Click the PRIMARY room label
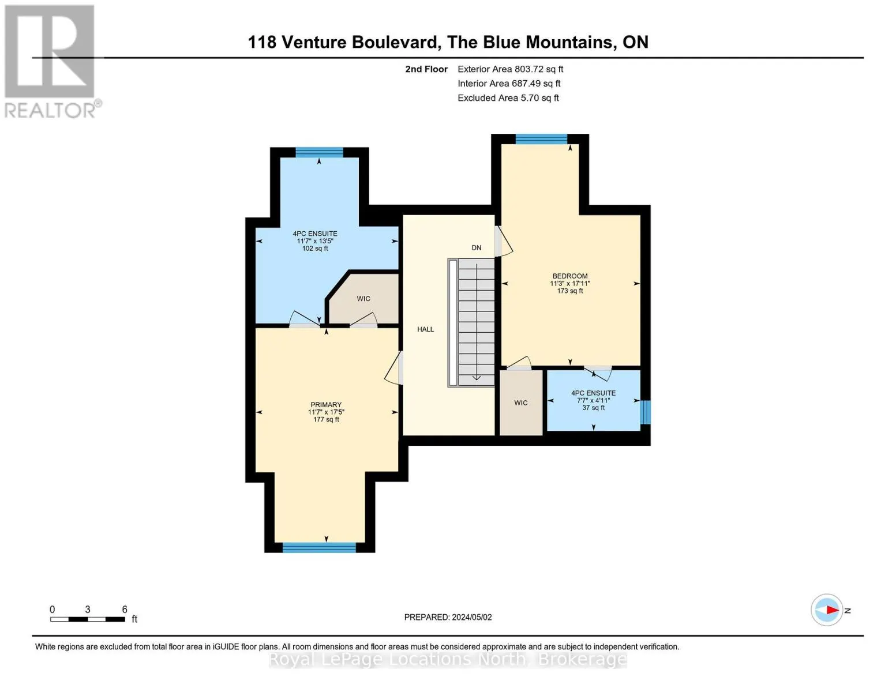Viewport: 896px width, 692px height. pos(326,405)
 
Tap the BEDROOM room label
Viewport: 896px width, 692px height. pos(570,276)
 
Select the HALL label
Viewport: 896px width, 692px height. pos(425,329)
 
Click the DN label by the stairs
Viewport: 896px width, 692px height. pos(476,248)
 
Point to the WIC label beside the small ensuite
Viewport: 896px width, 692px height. pos(521,403)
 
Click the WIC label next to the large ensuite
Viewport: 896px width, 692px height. pos(363,298)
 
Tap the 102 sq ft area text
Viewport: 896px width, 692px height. pos(315,248)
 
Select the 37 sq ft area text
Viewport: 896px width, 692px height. pos(593,408)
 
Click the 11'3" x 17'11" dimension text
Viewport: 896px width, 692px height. pos(570,284)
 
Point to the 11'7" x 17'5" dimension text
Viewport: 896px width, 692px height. pos(326,412)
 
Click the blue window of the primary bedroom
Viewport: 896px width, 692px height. pos(318,547)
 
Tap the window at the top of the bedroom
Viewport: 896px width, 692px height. pos(541,139)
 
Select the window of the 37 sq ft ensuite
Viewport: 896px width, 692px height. pos(645,412)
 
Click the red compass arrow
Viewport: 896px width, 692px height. pos(833,610)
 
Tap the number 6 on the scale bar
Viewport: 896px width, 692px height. pos(125,609)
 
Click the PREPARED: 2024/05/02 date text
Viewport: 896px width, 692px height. pos(448,617)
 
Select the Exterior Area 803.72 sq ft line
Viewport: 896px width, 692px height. pos(510,69)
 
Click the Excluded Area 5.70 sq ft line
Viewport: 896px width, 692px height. pos(508,98)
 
